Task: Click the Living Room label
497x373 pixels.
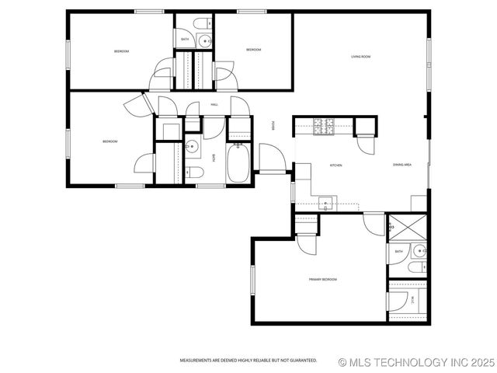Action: tap(360, 57)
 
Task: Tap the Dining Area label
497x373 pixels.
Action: tap(401, 165)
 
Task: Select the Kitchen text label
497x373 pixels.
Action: tap(336, 166)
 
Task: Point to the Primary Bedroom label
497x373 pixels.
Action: tap(322, 279)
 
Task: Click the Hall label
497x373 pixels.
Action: tap(214, 104)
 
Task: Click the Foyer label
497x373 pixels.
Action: tap(273, 126)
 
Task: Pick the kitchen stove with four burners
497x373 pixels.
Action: tap(324, 124)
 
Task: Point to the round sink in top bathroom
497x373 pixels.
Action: tap(204, 41)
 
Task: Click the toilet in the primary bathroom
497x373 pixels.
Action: tap(417, 268)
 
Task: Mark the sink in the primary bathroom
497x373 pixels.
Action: tap(419, 250)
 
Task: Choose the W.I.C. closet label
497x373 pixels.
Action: tap(412, 298)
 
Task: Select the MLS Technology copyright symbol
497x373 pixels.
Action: tap(344, 362)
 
